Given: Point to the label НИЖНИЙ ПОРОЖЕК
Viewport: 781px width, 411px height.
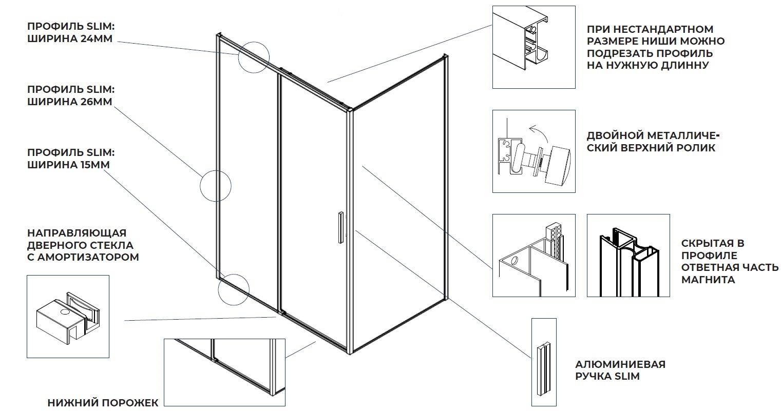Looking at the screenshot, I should pyautogui.click(x=103, y=403).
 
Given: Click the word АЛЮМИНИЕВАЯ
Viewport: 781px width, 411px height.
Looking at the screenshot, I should pyautogui.click(x=620, y=364).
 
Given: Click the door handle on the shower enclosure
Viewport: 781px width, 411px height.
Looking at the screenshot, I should pyautogui.click(x=339, y=226).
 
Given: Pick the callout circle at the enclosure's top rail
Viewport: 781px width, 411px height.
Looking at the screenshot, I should pyautogui.click(x=254, y=56).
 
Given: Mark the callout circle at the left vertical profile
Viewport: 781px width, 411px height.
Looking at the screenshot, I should pyautogui.click(x=215, y=185).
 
